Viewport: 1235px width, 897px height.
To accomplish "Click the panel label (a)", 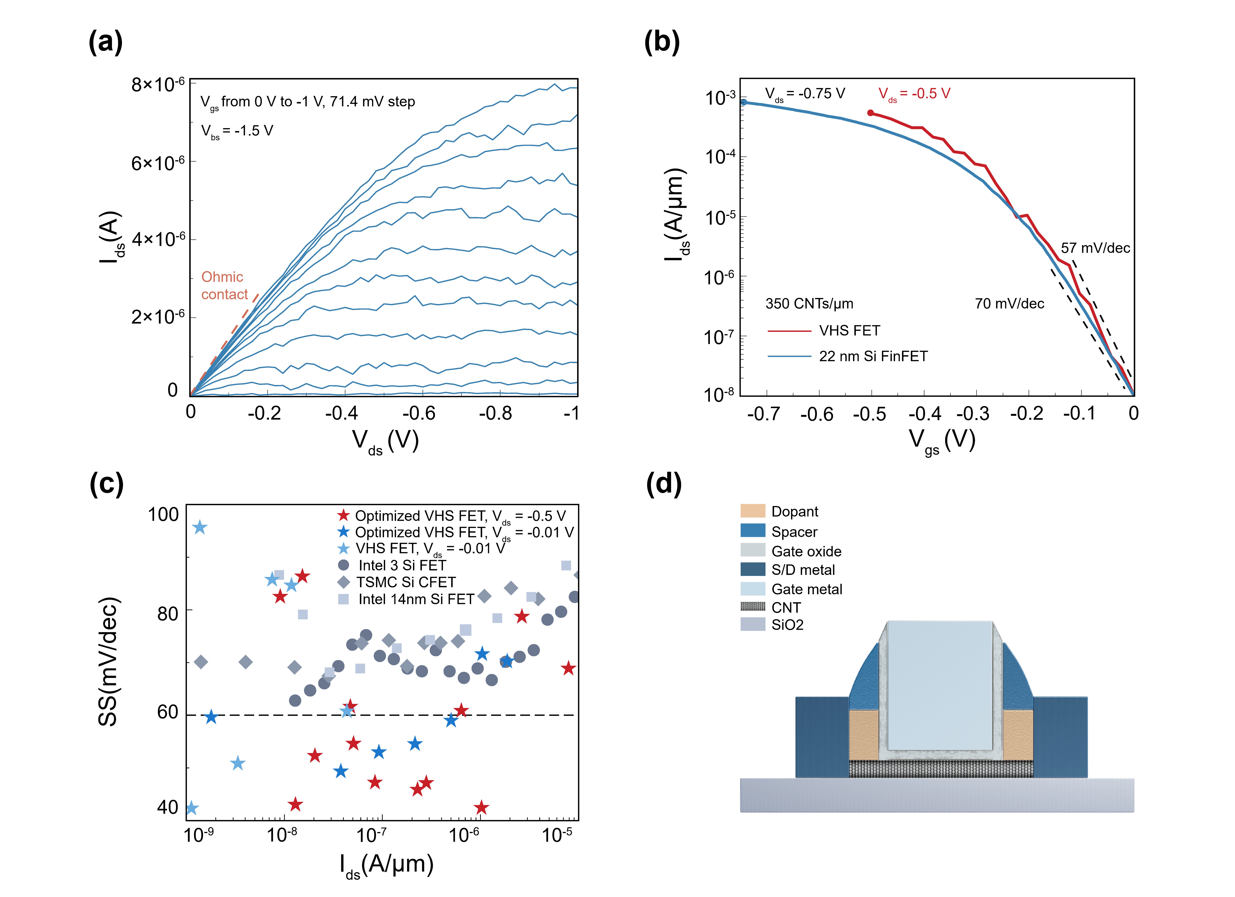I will (106, 42).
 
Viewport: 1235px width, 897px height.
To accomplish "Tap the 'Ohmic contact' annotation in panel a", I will (224, 285).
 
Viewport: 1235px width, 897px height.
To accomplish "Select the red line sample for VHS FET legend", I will (789, 331).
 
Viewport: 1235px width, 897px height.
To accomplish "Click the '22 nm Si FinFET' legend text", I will (873, 356).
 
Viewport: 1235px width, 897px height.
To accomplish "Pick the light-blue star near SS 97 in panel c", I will (200, 527).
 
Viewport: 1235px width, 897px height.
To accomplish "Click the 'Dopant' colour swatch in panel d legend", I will (753, 511).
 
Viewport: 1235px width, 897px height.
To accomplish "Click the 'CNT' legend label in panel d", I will (786, 607).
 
